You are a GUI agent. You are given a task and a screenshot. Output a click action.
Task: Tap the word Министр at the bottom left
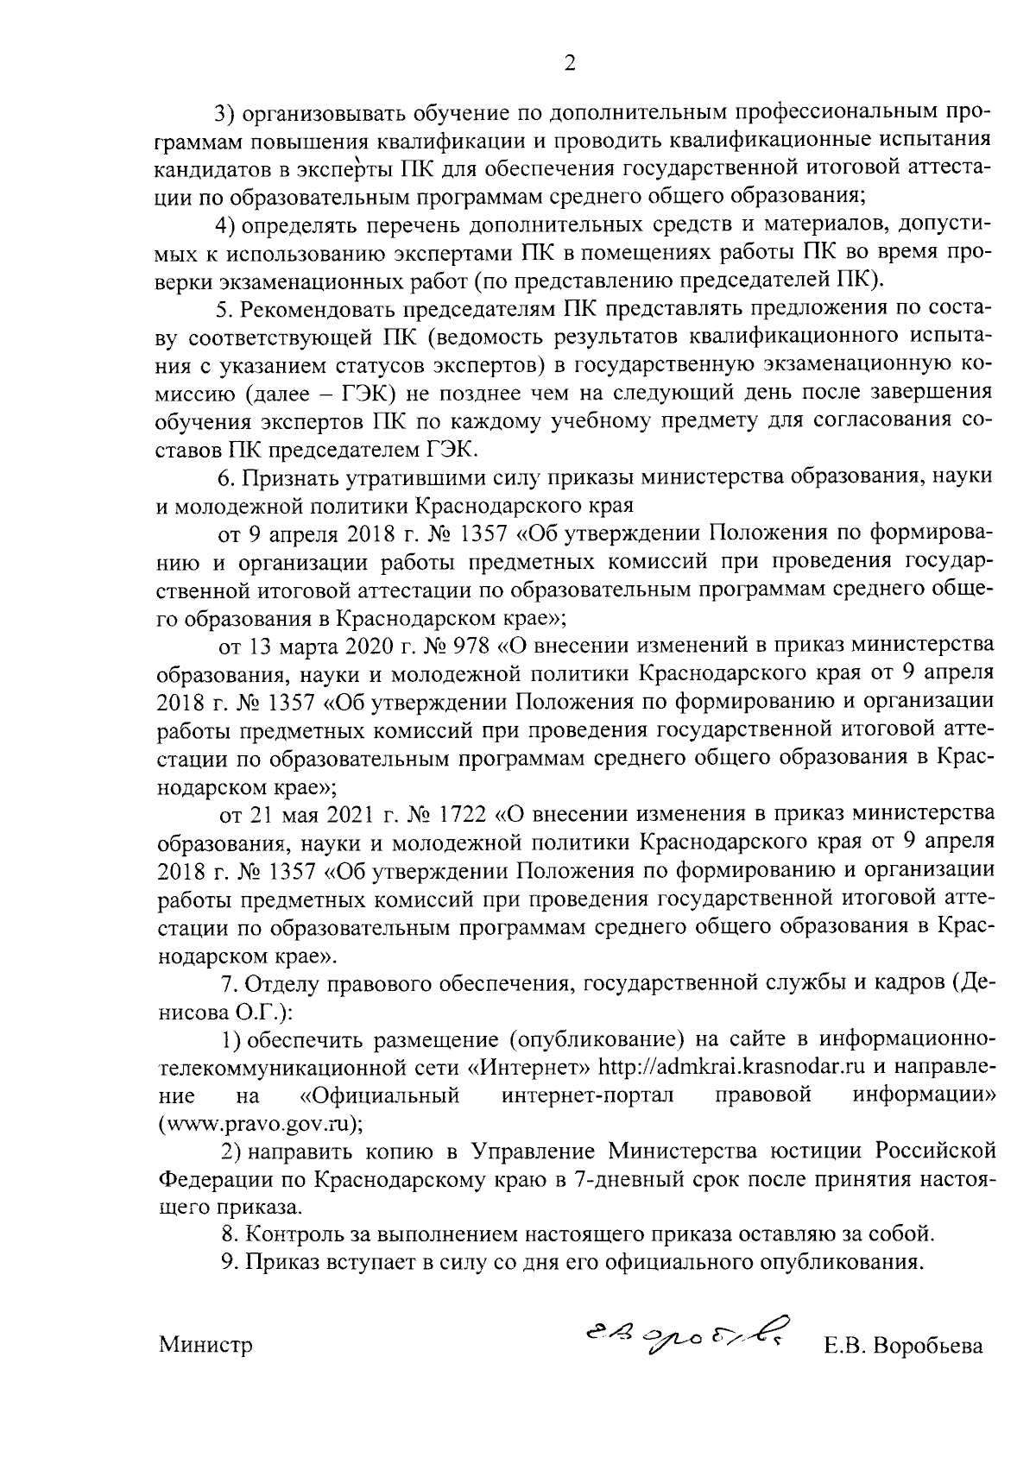coord(205,1346)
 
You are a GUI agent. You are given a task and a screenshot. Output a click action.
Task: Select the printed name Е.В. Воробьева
coord(902,1346)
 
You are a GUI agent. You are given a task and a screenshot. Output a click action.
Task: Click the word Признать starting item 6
coord(287,476)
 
